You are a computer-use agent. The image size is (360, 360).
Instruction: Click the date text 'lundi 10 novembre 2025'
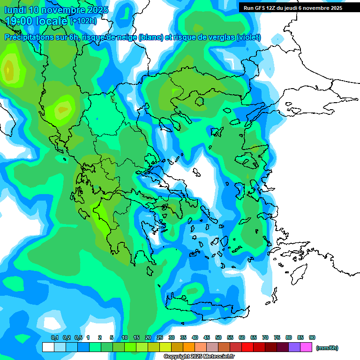tap(56, 10)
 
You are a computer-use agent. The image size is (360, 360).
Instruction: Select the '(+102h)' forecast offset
tap(83, 21)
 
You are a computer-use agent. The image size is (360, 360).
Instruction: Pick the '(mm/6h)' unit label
tap(327, 348)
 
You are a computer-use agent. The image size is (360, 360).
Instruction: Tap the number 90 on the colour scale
tap(312, 338)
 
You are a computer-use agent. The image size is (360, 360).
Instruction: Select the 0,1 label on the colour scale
tap(54, 338)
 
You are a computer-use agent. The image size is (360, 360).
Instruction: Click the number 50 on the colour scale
tap(218, 338)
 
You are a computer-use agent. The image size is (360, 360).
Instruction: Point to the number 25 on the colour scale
tap(160, 338)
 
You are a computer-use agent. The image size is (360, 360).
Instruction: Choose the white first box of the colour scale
tap(48, 347)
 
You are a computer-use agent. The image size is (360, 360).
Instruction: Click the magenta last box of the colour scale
tap(306, 347)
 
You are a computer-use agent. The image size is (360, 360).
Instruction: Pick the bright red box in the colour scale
tap(247, 347)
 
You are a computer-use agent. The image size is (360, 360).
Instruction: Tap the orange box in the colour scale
tap(189, 347)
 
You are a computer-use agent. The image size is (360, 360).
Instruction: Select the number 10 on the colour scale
tap(125, 338)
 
